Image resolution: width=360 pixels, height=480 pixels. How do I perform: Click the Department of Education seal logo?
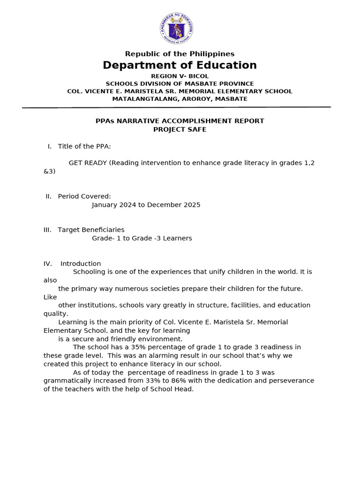pyautogui.click(x=176, y=29)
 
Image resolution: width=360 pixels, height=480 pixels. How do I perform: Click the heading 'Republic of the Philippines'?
pyautogui.click(x=180, y=54)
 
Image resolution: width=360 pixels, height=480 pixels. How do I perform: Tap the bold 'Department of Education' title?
pyautogui.click(x=180, y=65)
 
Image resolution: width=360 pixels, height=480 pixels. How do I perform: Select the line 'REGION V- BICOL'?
pyautogui.click(x=180, y=76)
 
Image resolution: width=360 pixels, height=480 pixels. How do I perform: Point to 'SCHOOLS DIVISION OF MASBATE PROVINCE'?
pyautogui.click(x=180, y=83)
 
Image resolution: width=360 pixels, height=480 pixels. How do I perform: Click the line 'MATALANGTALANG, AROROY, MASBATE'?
pyautogui.click(x=180, y=99)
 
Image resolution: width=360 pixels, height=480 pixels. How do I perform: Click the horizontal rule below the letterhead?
pyautogui.click(x=176, y=107)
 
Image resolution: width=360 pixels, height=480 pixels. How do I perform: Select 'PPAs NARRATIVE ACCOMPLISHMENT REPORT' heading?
pyautogui.click(x=180, y=121)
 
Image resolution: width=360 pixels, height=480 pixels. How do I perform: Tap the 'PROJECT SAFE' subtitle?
pyautogui.click(x=180, y=129)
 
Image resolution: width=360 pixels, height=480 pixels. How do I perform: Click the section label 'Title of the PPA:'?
pyautogui.click(x=84, y=146)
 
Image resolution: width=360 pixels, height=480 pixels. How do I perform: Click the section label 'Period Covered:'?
pyautogui.click(x=84, y=196)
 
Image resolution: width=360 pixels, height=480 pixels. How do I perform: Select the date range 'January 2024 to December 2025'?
pyautogui.click(x=146, y=205)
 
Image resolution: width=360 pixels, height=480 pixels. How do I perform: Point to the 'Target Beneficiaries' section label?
pyautogui.click(x=91, y=230)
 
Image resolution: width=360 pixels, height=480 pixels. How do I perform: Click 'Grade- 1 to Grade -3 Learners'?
pyautogui.click(x=142, y=238)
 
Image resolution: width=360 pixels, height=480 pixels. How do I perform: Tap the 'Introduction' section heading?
pyautogui.click(x=81, y=263)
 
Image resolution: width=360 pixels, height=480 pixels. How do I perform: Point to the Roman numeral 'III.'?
pyautogui.click(x=47, y=230)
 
